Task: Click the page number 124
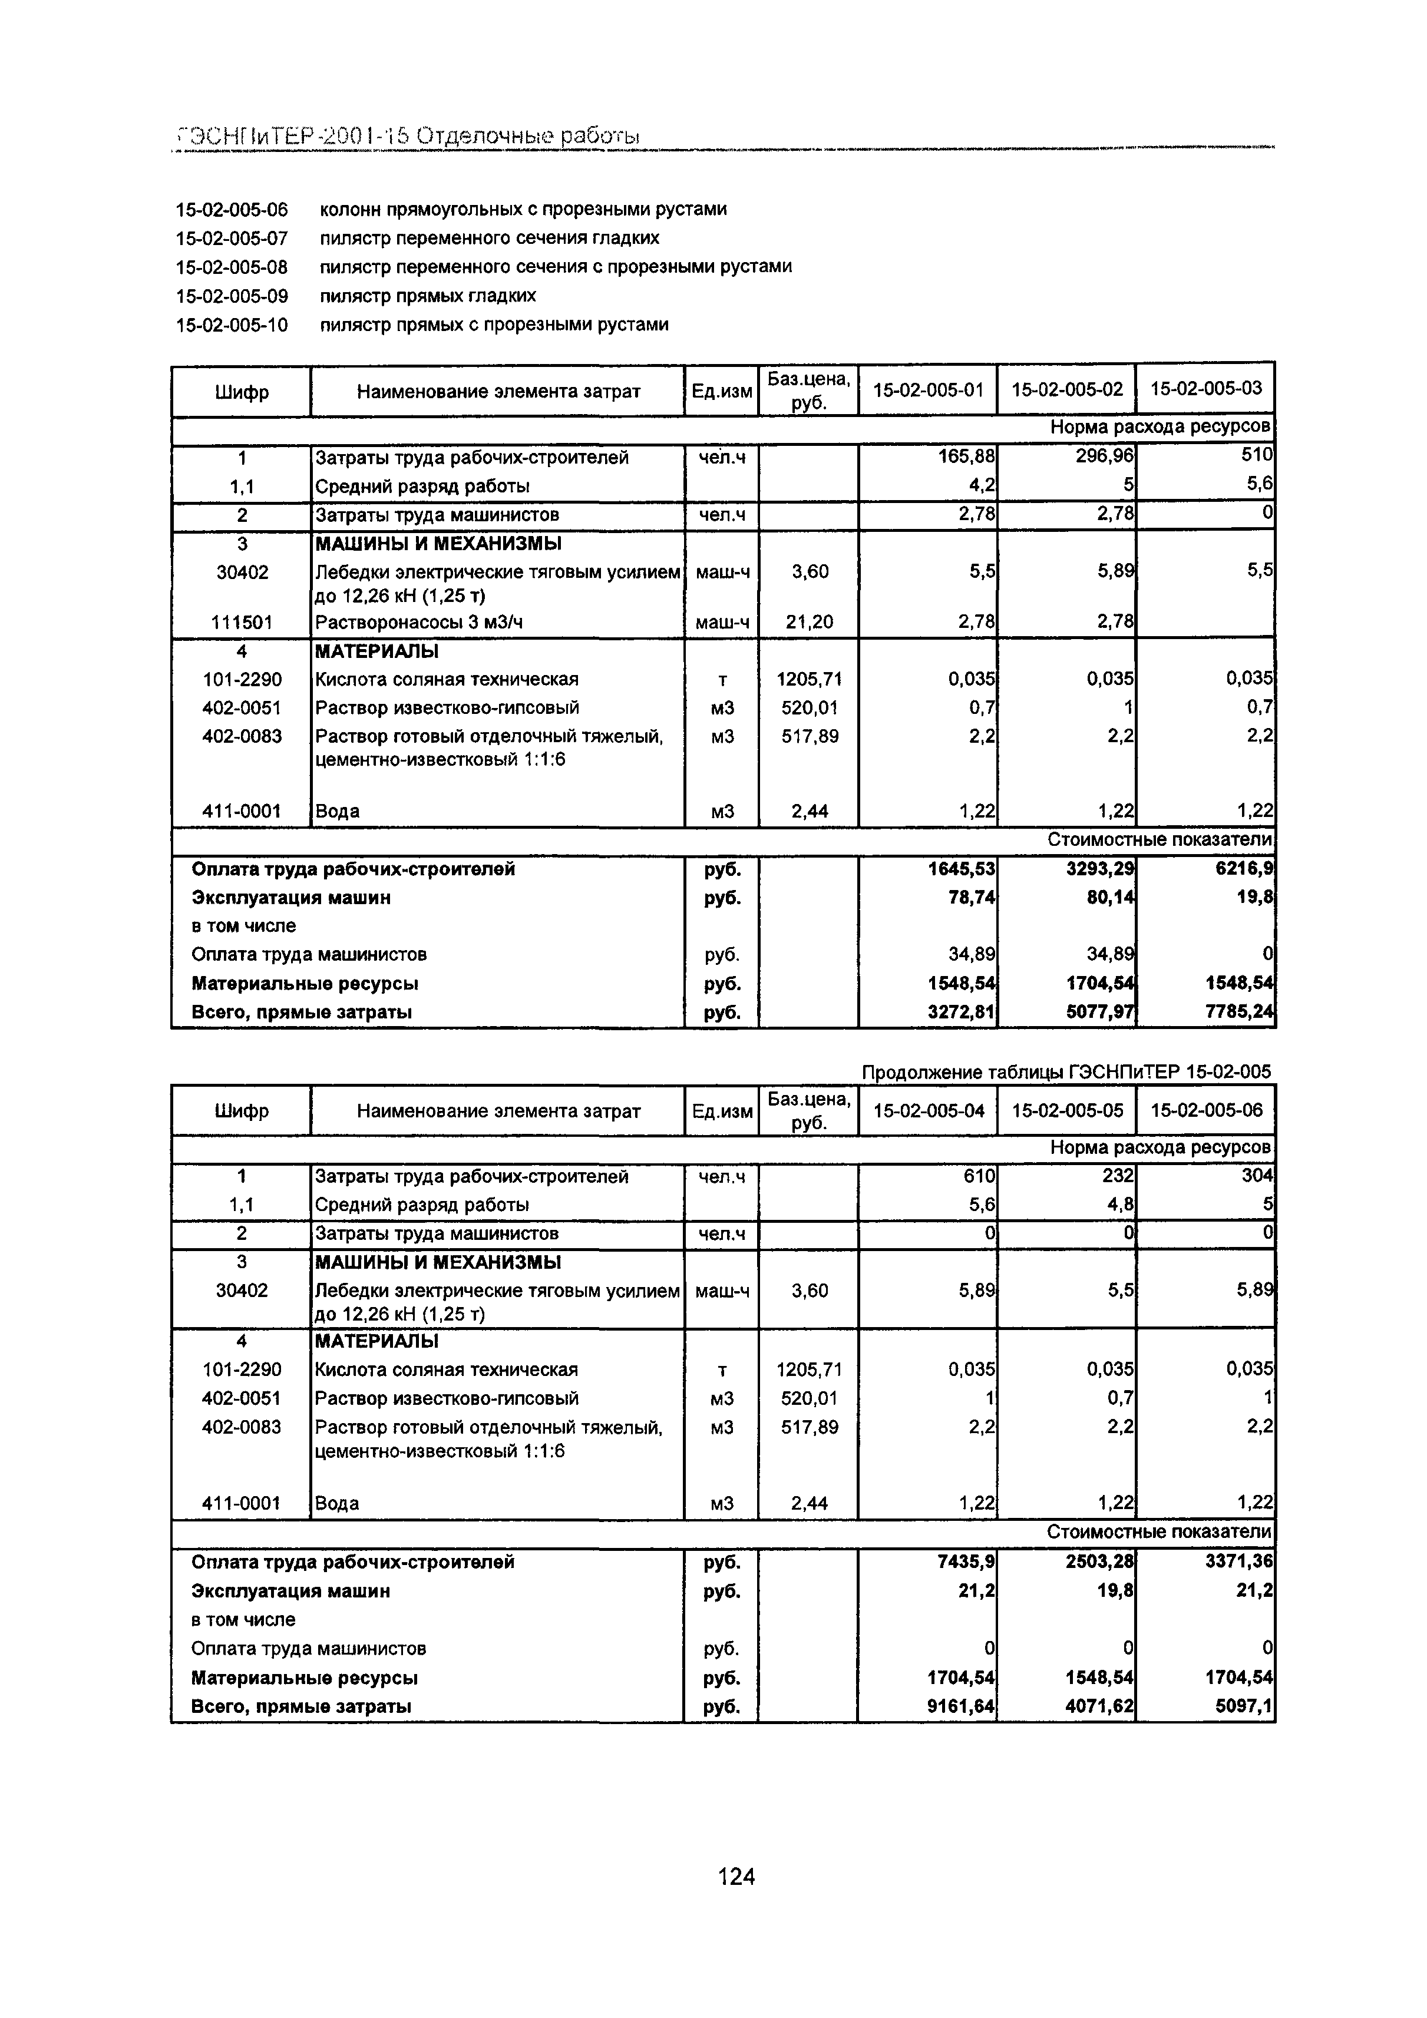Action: point(736,1877)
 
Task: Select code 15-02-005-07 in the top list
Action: point(232,238)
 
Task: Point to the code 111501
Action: point(242,622)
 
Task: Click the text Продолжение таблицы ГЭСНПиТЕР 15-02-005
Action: point(1066,1071)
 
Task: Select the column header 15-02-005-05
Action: point(1066,1110)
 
